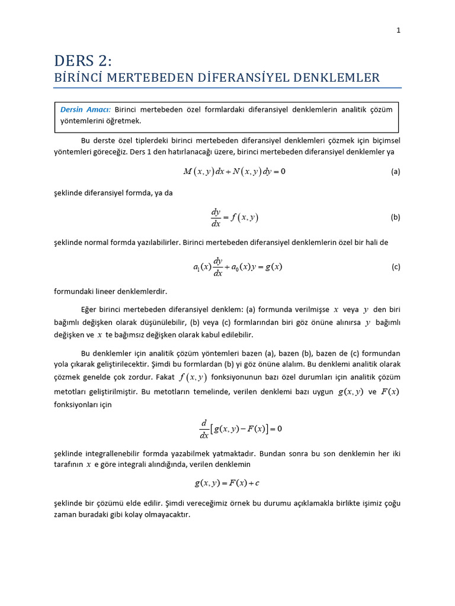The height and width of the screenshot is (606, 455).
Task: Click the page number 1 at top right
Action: pyautogui.click(x=399, y=31)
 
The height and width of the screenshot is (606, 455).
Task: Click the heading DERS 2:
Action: pyautogui.click(x=82, y=60)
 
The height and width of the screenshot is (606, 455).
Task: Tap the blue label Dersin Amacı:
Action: pyautogui.click(x=85, y=109)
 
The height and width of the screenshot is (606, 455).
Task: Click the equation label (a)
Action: pyautogui.click(x=396, y=172)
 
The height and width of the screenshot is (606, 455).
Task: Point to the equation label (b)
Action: pyautogui.click(x=396, y=217)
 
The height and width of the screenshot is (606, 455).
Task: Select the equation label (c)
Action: pyautogui.click(x=396, y=267)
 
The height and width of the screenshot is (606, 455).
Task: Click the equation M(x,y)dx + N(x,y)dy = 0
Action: pyautogui.click(x=234, y=172)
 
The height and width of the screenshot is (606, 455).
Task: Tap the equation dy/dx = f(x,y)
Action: pyautogui.click(x=235, y=217)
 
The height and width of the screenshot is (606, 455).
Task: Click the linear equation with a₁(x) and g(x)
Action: pyautogui.click(x=238, y=267)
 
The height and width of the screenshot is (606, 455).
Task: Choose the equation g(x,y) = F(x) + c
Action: pyautogui.click(x=227, y=483)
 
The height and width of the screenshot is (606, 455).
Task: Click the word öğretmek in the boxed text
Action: pyautogui.click(x=124, y=121)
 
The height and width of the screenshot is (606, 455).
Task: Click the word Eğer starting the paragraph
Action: pyautogui.click(x=90, y=309)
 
